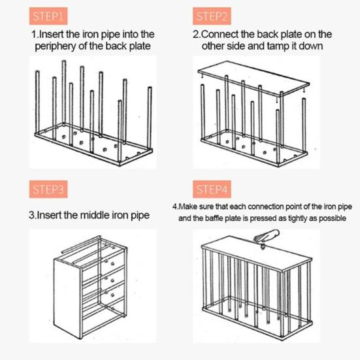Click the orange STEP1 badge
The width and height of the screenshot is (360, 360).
point(48,16)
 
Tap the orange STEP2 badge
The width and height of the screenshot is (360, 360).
point(212,16)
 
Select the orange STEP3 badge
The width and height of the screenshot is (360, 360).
point(48,189)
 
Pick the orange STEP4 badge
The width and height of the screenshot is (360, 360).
point(212,189)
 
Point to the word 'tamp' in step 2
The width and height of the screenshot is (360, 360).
point(278,46)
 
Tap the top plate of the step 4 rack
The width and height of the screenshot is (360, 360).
point(257,253)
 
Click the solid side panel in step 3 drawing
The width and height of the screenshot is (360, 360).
point(67,299)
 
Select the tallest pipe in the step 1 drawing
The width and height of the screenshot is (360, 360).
point(64,93)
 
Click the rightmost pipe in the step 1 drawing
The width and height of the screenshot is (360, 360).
point(150,118)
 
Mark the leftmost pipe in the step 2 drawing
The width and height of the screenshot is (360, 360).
point(203,112)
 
